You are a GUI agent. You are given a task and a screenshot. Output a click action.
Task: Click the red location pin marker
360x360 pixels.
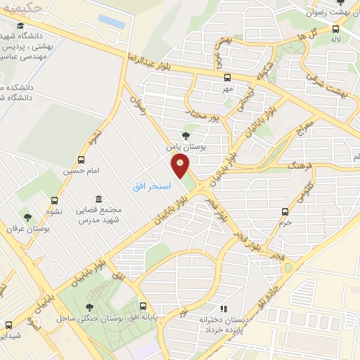point(181,166)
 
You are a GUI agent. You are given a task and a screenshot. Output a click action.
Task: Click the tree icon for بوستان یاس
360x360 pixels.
point(186,136)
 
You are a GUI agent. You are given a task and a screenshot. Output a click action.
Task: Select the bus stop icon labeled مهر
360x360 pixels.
point(227,78)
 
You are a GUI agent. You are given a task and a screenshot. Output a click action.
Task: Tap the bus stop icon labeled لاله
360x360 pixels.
point(335,29)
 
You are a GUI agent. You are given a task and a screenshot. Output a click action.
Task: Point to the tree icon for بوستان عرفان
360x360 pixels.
point(28,217)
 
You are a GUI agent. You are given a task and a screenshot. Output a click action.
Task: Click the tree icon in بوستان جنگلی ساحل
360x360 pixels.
point(89,307)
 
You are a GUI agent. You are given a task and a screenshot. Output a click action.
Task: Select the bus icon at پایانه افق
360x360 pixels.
point(143,307)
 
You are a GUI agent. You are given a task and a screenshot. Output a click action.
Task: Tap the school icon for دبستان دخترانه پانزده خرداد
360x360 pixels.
point(224,308)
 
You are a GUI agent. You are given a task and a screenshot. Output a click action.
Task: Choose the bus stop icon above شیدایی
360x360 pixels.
point(8,325)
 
